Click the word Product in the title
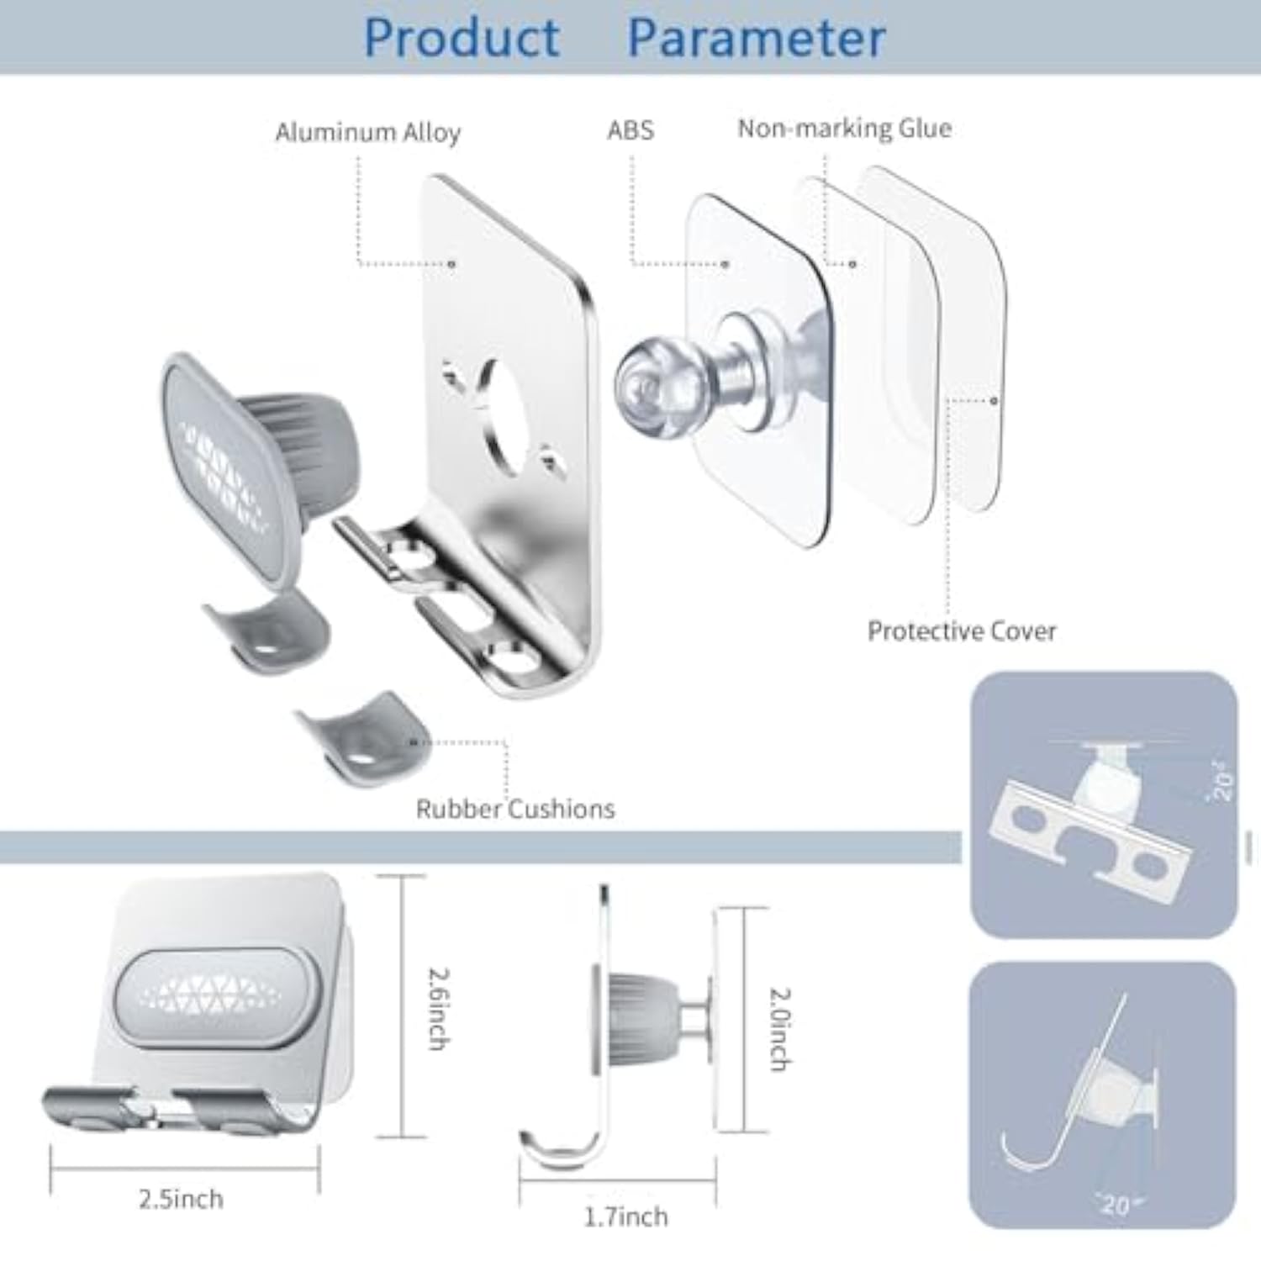tap(462, 38)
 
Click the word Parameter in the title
tap(756, 38)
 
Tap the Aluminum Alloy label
tap(367, 132)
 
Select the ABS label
tap(630, 129)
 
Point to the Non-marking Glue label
tap(844, 128)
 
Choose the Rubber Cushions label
tap(515, 809)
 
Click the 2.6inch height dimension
tap(438, 1009)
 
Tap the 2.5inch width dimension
tap(181, 1198)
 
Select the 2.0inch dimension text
tap(780, 1028)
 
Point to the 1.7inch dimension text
tap(625, 1216)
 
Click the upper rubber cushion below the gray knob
tap(269, 630)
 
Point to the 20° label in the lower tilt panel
tap(1116, 1204)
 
